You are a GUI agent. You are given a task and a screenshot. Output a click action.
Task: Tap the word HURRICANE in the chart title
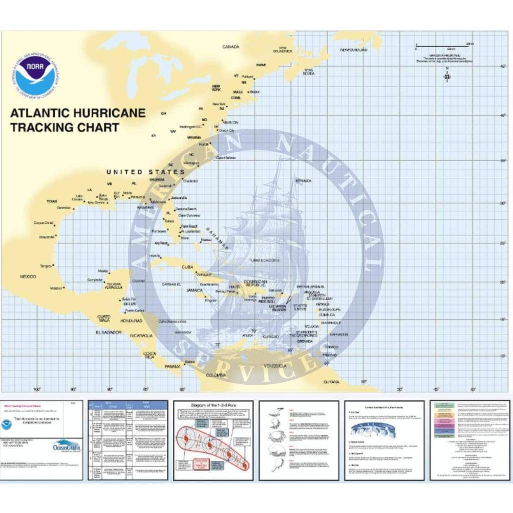[x=110, y=113]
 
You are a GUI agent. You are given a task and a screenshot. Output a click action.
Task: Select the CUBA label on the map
[x=187, y=267]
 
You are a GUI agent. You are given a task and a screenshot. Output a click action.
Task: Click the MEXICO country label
[x=28, y=277]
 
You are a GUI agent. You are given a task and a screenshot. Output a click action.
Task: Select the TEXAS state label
[x=52, y=201]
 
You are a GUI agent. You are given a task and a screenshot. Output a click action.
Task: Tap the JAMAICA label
[x=194, y=290]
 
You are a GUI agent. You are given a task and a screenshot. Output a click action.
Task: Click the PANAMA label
[x=173, y=366]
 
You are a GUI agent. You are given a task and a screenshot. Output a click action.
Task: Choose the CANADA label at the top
[x=231, y=47]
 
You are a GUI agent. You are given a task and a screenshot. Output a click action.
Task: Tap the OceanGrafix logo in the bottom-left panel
[x=67, y=445]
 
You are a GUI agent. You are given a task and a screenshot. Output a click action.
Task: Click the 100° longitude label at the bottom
[x=36, y=389]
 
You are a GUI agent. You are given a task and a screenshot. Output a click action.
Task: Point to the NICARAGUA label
[x=141, y=336]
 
